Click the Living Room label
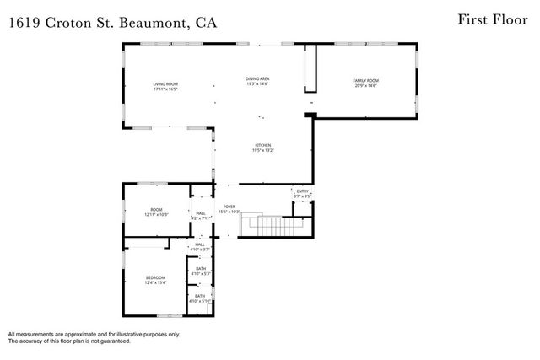(165, 85)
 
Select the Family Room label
(364, 81)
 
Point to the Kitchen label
(262, 146)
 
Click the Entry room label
(302, 192)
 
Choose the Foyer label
(229, 207)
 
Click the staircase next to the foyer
(271, 226)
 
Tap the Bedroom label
(154, 278)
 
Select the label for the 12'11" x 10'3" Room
(156, 211)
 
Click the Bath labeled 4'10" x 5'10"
(201, 298)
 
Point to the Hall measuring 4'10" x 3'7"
(200, 246)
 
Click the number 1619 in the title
(24, 23)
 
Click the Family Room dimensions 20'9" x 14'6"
(364, 86)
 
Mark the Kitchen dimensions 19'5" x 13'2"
(262, 151)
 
